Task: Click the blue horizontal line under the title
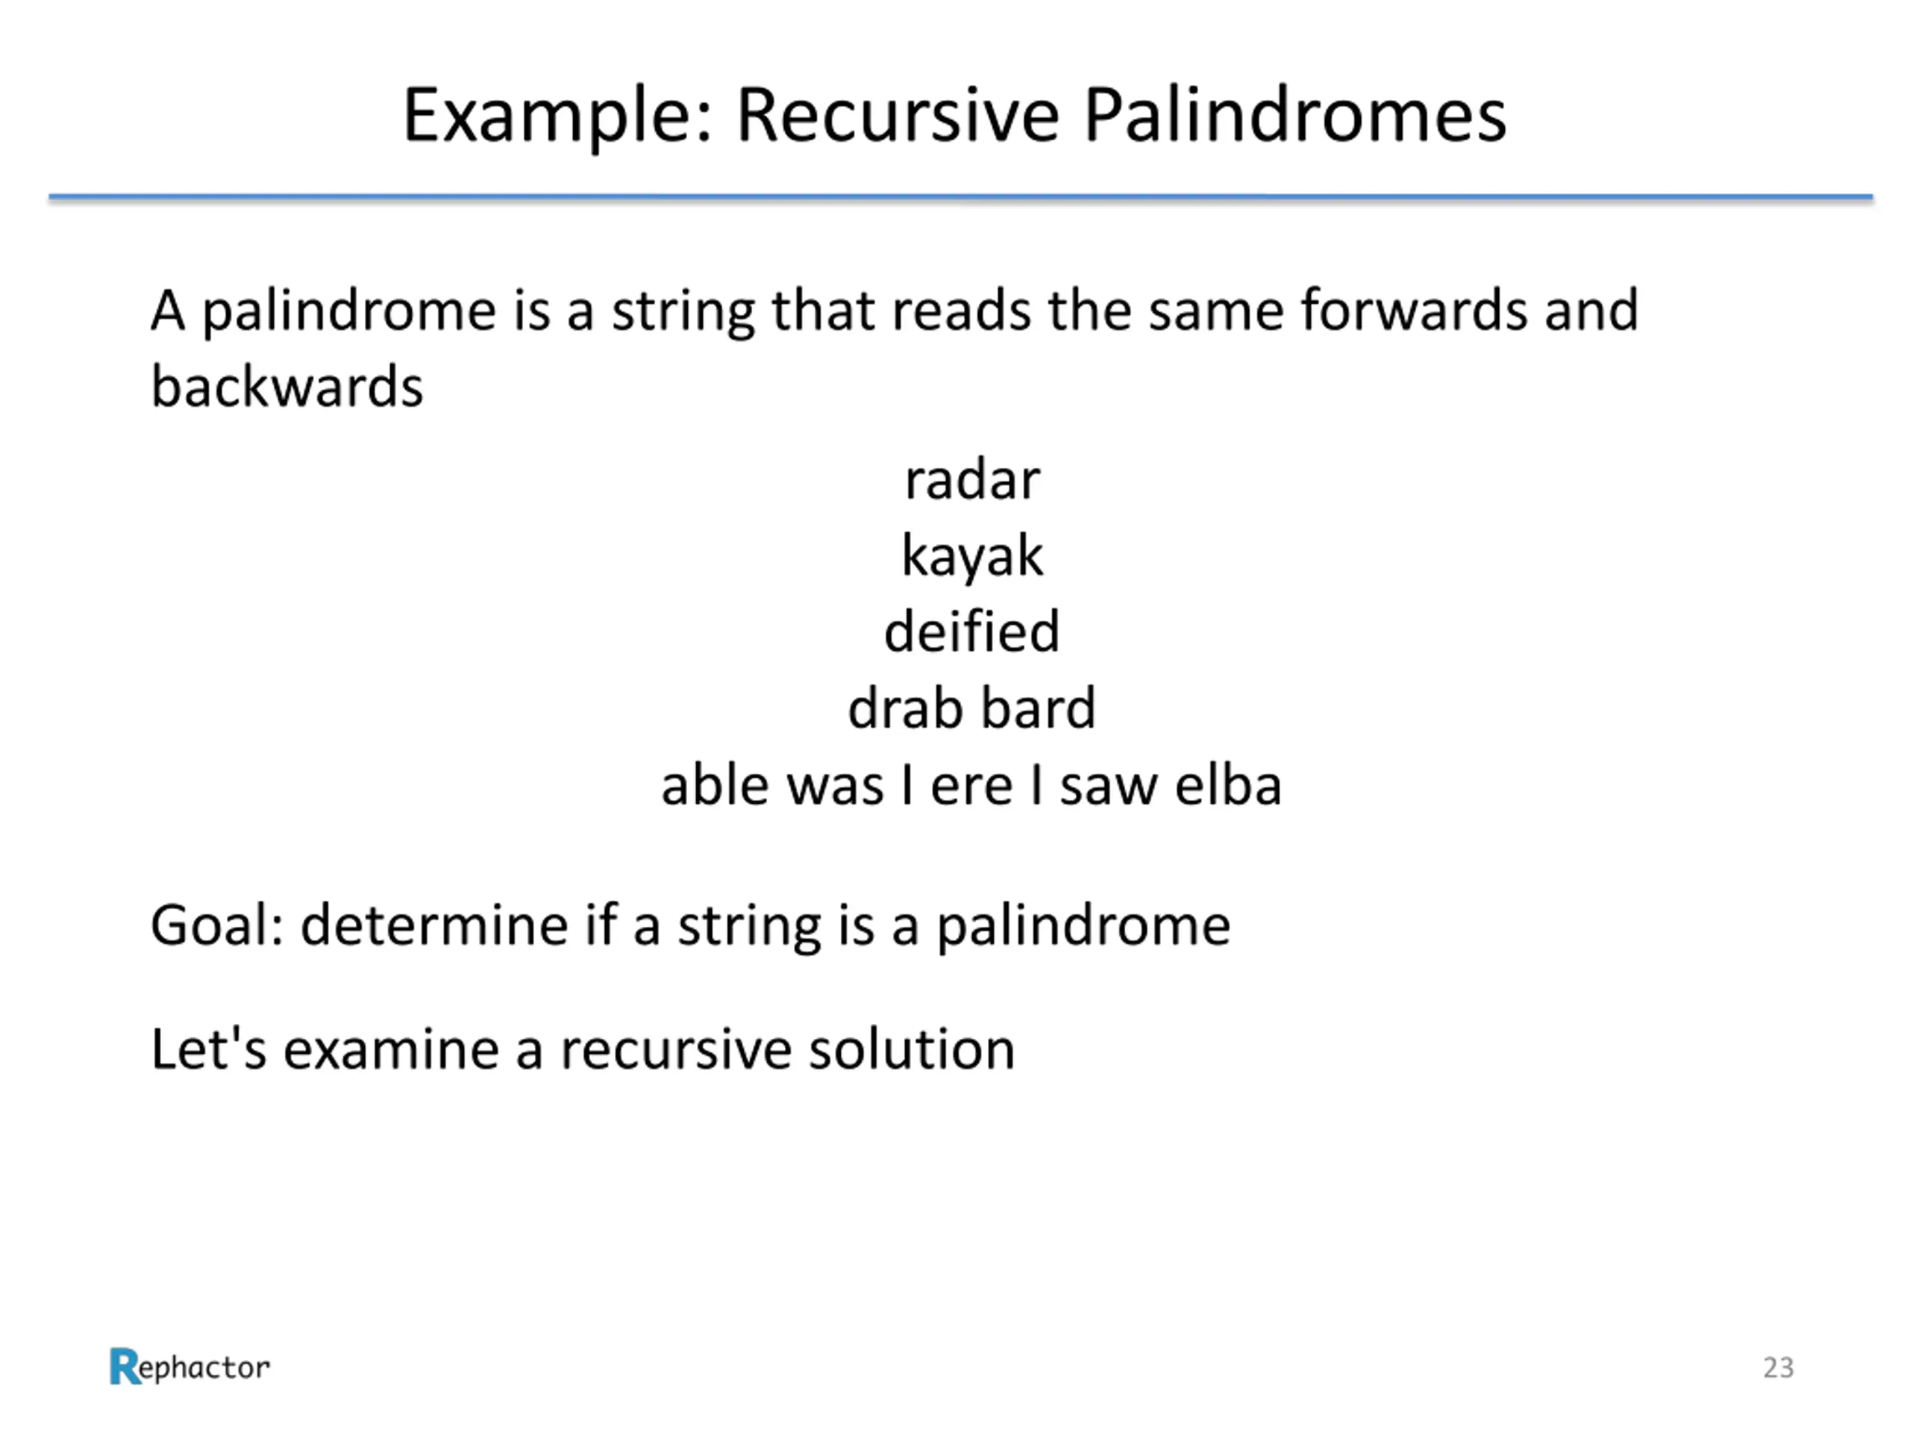point(960,198)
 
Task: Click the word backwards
point(286,386)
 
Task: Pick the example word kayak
point(972,556)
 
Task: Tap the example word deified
point(971,631)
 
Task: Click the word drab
point(904,708)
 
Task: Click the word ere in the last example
point(971,785)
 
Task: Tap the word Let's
point(208,1049)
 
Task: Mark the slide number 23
point(1778,1367)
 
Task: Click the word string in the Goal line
point(748,927)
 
